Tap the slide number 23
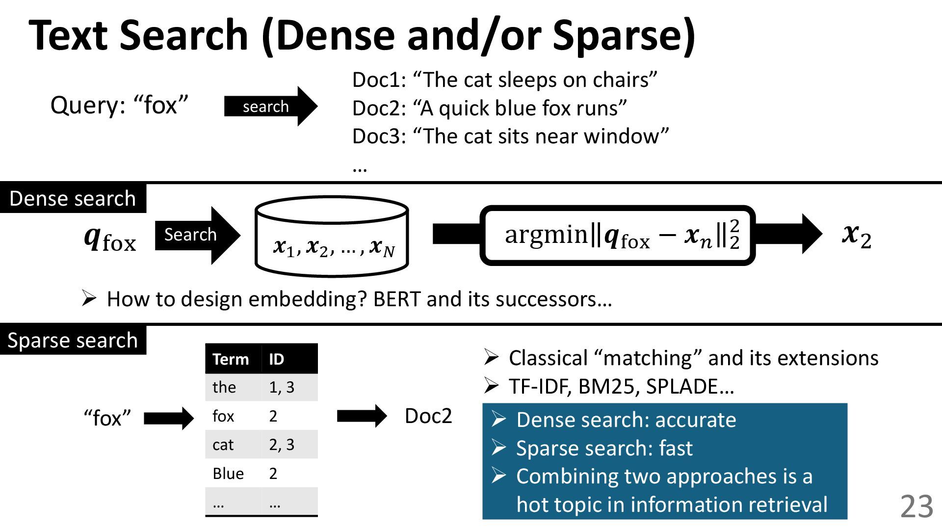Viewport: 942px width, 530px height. [916, 506]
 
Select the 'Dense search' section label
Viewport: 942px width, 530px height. [73, 198]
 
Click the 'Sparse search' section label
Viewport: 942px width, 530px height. [73, 340]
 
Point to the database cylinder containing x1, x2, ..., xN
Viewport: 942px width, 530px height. [332, 237]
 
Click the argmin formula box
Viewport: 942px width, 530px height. [618, 236]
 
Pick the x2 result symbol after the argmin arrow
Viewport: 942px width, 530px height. [857, 236]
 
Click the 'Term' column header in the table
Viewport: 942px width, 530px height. [231, 359]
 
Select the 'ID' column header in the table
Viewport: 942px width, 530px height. [276, 359]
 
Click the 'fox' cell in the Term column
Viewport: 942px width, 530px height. [223, 416]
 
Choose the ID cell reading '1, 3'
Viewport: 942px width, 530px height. [282, 387]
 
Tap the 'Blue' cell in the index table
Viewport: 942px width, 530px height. [228, 474]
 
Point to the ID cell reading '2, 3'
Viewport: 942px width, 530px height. [282, 445]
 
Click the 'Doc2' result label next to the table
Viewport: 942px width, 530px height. [428, 416]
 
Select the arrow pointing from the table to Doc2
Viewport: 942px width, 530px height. [362, 416]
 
